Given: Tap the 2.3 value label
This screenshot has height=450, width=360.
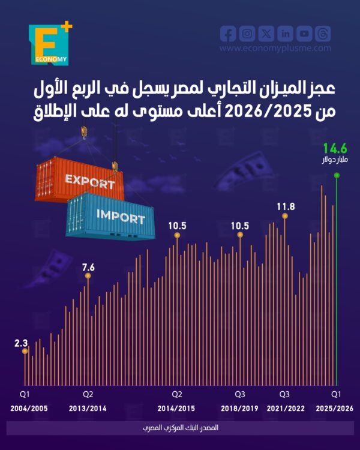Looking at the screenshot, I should click(22, 344).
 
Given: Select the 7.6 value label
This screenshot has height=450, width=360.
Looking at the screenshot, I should click(88, 268).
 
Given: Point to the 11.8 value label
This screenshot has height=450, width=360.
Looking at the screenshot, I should click(286, 207).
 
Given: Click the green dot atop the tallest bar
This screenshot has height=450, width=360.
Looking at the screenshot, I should click(337, 175).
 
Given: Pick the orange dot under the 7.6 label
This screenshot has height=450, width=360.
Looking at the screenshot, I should click(88, 276).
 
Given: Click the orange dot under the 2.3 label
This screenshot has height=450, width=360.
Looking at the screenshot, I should click(25, 352).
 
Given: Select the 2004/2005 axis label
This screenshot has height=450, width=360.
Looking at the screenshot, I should click(28, 408).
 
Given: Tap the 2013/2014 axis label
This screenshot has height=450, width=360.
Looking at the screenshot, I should click(88, 408).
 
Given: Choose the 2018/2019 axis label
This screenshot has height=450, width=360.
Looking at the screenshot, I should click(239, 408).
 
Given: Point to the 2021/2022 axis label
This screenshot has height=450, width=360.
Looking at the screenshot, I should click(284, 408).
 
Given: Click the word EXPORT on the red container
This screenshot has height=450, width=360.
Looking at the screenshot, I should click(89, 180).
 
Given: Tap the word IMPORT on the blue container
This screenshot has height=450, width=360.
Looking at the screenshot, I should click(120, 216).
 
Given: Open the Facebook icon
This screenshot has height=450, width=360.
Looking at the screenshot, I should click(228, 34).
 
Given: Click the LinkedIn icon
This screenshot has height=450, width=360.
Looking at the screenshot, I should click(286, 34).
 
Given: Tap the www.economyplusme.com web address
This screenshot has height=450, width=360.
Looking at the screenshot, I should click(275, 49).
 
